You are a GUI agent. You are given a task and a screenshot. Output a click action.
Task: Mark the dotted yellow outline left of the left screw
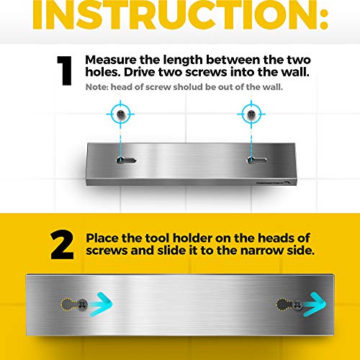click(x=69, y=305)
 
